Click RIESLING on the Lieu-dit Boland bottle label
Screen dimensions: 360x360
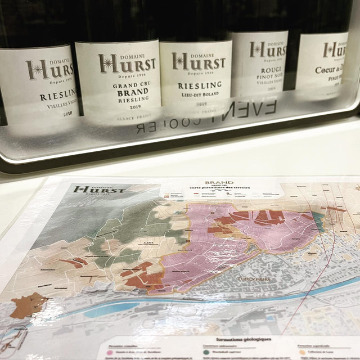coord(195,85)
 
